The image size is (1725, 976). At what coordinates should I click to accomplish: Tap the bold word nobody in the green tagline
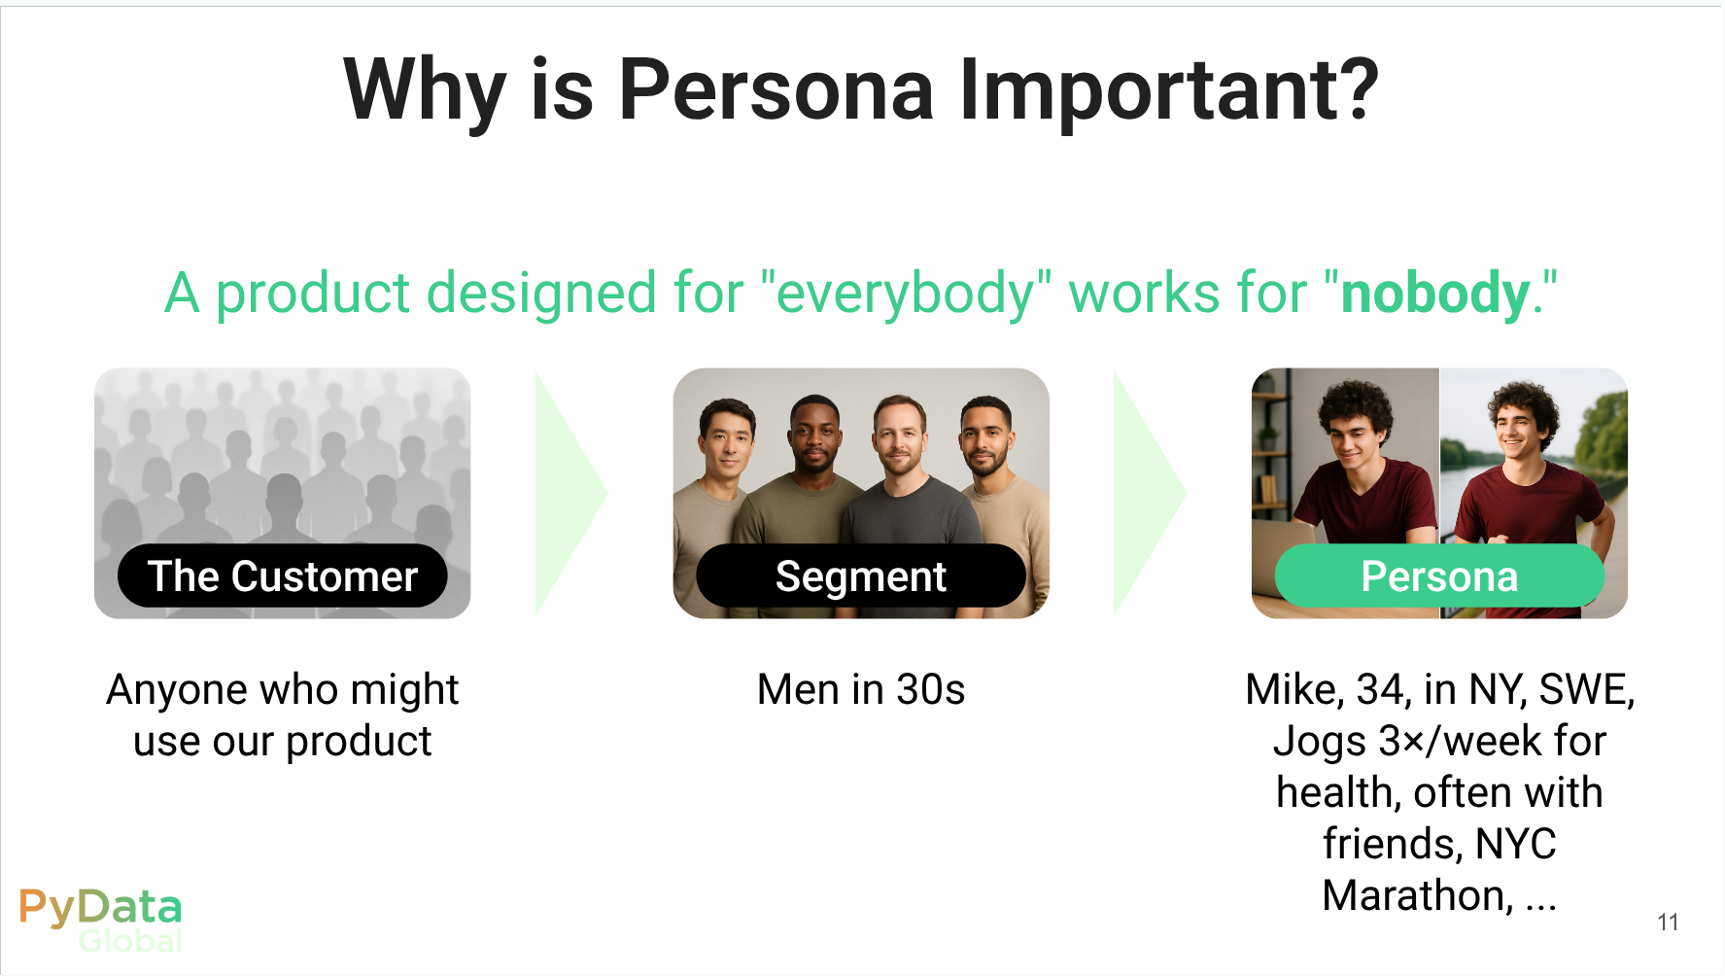[x=1435, y=294]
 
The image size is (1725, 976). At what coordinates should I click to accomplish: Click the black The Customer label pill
[x=283, y=576]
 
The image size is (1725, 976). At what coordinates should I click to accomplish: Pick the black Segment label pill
[x=861, y=576]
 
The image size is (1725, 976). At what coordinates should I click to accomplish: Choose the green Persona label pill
[x=1439, y=576]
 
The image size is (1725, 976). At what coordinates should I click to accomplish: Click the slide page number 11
[x=1668, y=922]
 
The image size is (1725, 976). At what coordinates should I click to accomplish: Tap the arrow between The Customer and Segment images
[x=571, y=493]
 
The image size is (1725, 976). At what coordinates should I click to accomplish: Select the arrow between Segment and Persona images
[x=1150, y=493]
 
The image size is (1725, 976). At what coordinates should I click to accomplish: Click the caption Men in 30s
[x=861, y=689]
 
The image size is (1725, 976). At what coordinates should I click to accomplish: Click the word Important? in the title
[x=1169, y=90]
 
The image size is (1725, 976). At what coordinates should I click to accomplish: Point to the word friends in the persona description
[x=1392, y=844]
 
